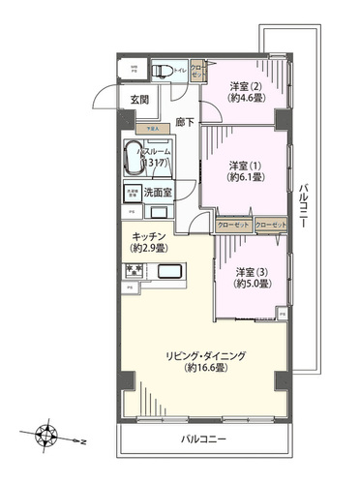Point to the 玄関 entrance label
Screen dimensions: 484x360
point(138,100)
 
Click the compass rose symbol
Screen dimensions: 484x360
point(45,433)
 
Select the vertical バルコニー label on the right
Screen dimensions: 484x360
point(304,204)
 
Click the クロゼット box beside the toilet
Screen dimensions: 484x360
point(197,71)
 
